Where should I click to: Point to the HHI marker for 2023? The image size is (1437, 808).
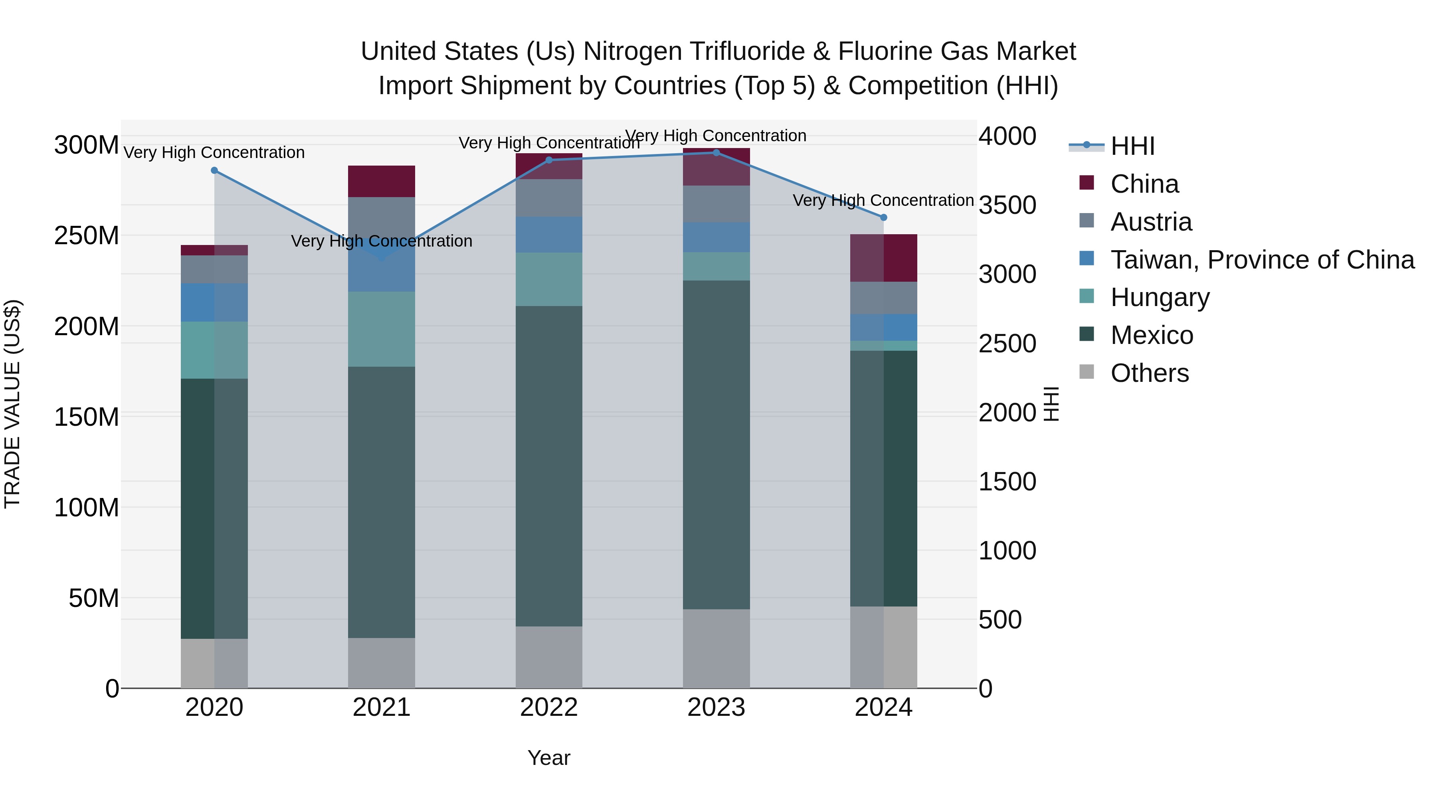point(716,153)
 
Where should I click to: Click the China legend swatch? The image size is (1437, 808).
point(1087,183)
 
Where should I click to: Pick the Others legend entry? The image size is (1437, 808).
point(1149,373)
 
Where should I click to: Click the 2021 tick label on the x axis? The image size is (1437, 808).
point(382,707)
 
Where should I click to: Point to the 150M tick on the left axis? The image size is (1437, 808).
point(87,417)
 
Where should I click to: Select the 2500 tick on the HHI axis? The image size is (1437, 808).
point(1007,344)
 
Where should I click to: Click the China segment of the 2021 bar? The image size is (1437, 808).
point(382,181)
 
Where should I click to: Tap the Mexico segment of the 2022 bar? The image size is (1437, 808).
point(549,466)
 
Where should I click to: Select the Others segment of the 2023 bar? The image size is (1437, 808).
point(716,648)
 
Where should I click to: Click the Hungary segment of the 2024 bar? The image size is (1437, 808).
point(884,346)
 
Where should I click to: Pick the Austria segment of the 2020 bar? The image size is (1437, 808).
point(214,269)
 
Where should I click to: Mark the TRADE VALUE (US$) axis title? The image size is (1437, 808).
point(12,404)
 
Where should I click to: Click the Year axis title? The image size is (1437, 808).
point(549,758)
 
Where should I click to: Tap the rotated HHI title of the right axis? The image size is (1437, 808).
point(1051,404)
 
